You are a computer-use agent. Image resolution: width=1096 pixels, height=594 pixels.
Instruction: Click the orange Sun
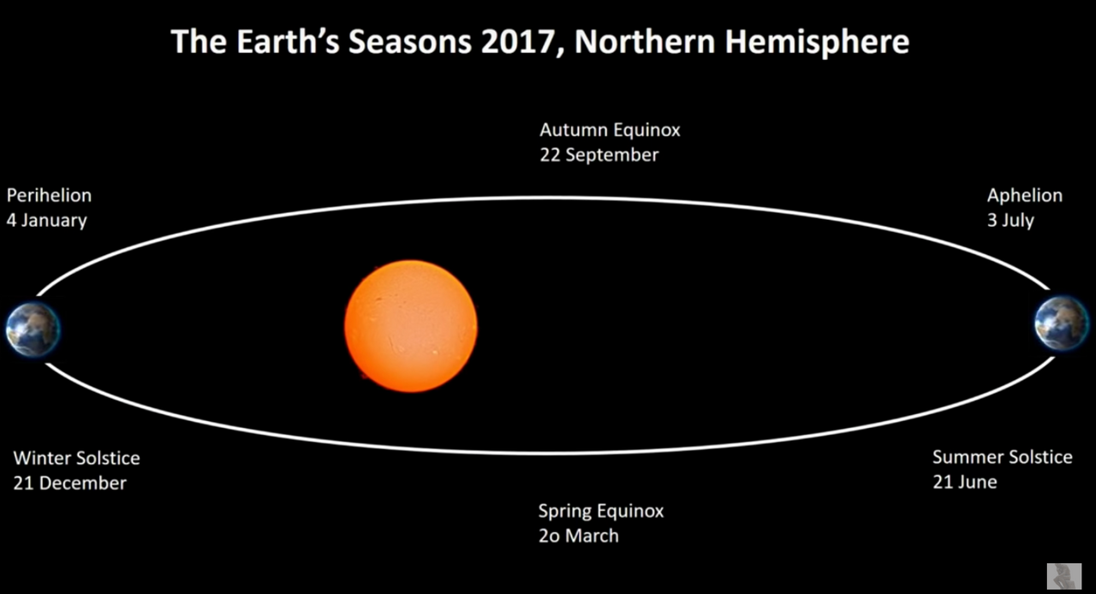pos(411,326)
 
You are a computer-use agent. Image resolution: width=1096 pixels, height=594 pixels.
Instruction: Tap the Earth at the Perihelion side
pos(33,330)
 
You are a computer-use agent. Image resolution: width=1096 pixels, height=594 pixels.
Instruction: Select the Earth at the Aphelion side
pos(1061,323)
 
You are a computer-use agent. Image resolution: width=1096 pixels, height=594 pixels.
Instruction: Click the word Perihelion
pos(49,196)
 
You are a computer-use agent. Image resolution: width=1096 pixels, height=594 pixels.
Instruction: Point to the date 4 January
pos(46,221)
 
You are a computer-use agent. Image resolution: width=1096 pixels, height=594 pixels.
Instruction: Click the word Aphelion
pos(1025,196)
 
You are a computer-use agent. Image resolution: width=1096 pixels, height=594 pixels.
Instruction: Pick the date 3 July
pos(1010,221)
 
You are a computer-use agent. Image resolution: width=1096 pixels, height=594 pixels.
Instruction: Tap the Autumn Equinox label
pos(610,130)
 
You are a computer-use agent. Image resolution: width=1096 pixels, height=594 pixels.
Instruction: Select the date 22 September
pos(599,155)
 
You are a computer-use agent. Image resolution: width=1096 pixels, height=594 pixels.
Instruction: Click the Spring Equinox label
pos(601,511)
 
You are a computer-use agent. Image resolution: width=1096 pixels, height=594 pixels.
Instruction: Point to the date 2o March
pos(578,537)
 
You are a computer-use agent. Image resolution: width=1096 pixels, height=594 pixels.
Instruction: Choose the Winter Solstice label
pos(76,459)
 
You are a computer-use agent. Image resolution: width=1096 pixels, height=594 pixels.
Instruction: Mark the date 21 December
pos(69,484)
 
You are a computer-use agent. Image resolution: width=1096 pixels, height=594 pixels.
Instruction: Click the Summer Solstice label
pos(1002,458)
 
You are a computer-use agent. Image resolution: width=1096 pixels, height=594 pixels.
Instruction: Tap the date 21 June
pos(964,483)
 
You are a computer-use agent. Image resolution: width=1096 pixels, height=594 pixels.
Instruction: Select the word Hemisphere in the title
pos(817,43)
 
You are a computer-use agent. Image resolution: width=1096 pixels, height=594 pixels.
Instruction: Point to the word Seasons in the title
pos(409,42)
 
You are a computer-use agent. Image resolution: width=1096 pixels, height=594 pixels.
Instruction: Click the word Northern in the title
pos(645,42)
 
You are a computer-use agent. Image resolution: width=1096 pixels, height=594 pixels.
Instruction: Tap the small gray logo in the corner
pos(1063,576)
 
